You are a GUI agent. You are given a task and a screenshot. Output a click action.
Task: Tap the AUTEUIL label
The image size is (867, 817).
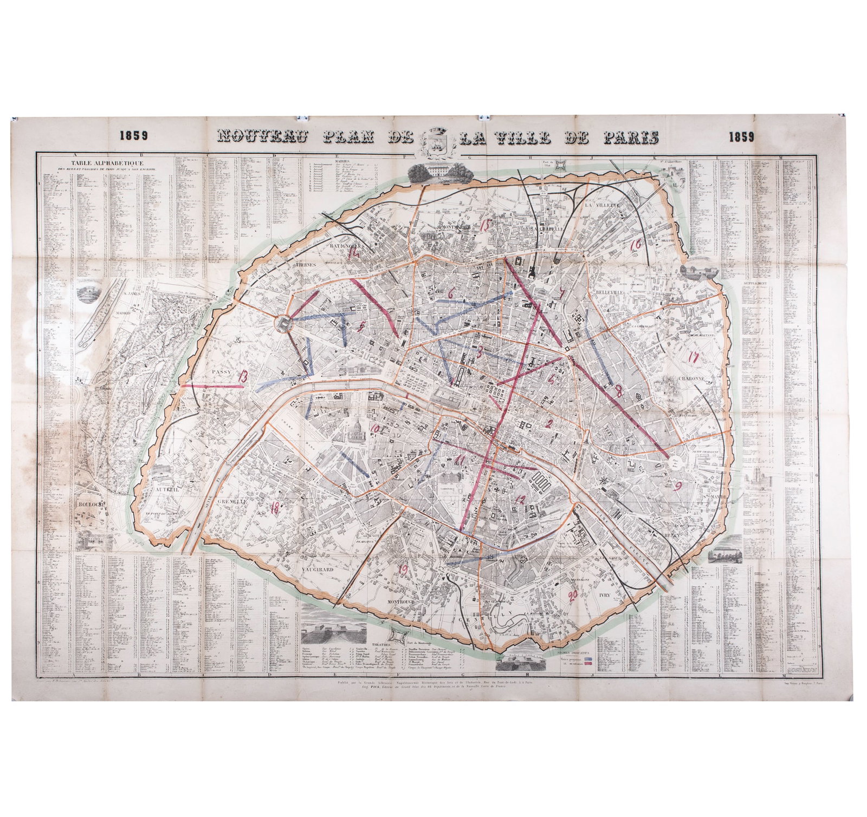167,489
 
